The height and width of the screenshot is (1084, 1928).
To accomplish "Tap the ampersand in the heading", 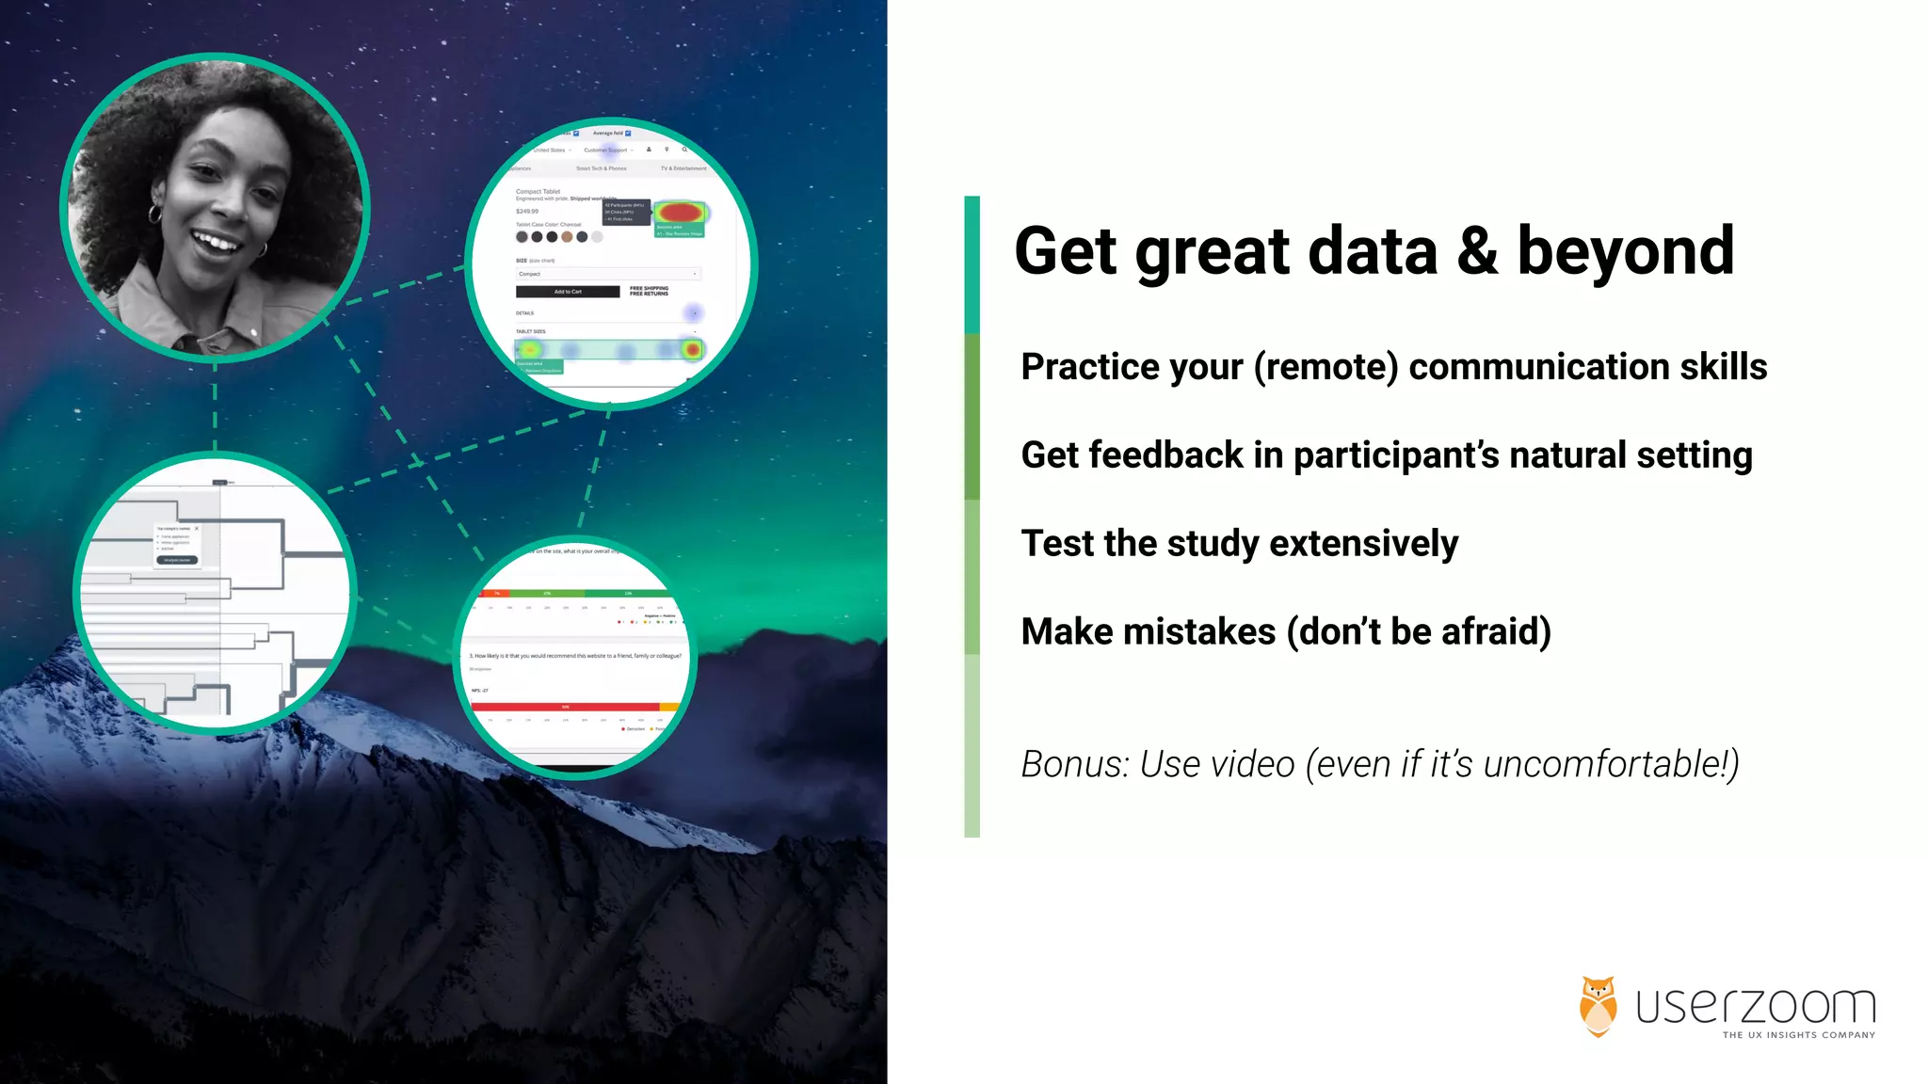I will pos(1477,252).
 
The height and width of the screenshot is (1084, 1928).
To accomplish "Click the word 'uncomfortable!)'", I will pos(1611,764).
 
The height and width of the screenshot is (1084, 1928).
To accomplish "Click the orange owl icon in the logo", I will pos(1598,1006).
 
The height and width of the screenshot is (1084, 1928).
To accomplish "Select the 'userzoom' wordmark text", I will pos(1756,1006).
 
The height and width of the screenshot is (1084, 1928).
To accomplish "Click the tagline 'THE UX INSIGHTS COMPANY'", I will pos(1798,1035).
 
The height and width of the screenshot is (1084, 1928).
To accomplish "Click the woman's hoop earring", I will pos(155,215).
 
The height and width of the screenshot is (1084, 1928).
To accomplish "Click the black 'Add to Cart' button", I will pos(568,292).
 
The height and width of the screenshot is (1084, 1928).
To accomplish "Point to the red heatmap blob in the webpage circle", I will pos(679,213).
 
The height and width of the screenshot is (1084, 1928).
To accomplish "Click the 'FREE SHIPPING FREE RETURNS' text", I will pos(649,292).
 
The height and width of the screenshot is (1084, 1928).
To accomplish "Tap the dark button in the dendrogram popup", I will pos(177,560).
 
